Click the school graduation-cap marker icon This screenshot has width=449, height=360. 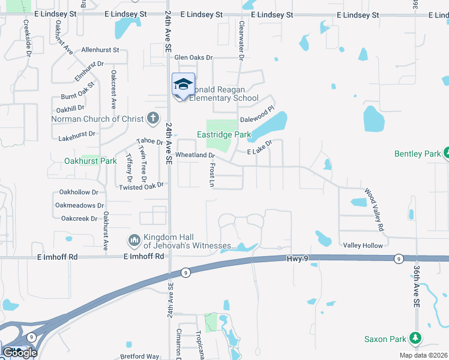[183, 84]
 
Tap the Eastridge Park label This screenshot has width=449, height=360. [224, 136]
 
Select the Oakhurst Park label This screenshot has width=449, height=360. [90, 161]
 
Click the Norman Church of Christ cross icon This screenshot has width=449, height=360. [153, 118]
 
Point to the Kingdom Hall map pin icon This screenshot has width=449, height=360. [134, 241]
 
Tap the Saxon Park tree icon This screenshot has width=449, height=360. [415, 338]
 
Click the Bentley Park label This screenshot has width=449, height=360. [417, 154]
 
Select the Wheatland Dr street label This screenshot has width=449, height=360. [194, 155]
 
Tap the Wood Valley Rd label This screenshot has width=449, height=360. [374, 211]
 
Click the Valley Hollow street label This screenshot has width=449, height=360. [363, 245]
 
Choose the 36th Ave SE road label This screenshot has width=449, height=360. [415, 287]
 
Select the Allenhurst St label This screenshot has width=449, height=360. [100, 50]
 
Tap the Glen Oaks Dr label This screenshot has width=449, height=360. [193, 58]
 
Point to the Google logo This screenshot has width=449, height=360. [20, 352]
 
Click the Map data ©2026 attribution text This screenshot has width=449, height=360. [423, 355]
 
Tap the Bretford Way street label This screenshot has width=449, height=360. [139, 356]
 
